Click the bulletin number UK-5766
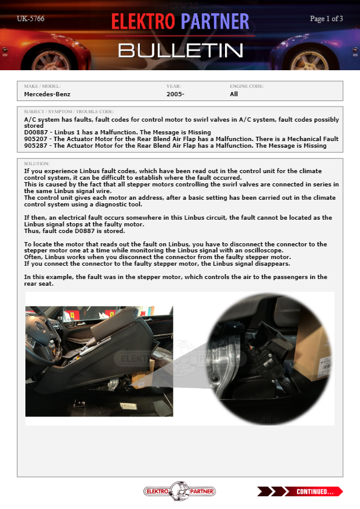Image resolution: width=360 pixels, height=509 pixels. tap(30, 19)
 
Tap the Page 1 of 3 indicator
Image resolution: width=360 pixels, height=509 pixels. tap(326, 19)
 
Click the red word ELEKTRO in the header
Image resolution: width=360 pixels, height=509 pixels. tap(143, 22)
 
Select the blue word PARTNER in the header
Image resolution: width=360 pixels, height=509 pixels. tap(215, 22)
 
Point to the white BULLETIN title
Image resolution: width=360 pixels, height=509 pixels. tap(180, 51)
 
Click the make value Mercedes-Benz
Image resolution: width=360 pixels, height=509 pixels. tap(47, 94)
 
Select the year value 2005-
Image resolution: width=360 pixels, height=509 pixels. tap(175, 94)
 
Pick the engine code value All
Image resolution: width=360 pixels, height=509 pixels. tap(234, 94)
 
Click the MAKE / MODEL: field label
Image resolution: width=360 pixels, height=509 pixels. tap(42, 87)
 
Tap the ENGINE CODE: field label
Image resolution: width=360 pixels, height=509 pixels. tap(247, 87)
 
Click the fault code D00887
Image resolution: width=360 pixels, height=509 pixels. tap(37, 133)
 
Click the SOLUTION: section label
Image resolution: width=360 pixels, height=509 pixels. tap(37, 163)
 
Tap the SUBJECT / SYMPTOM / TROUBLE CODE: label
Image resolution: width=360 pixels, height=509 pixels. tap(69, 112)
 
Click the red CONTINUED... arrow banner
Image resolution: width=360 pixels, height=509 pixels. tap(300, 491)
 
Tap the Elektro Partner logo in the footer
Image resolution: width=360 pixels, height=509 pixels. tap(180, 491)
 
